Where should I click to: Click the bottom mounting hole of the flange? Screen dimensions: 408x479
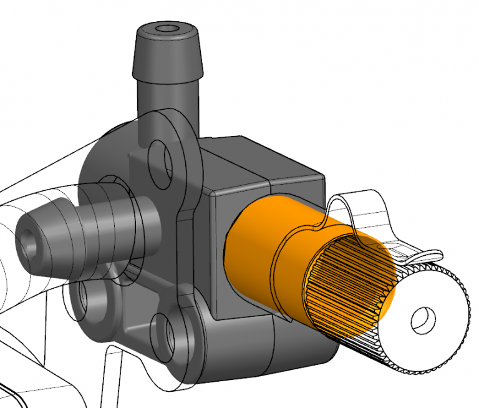point(163,329)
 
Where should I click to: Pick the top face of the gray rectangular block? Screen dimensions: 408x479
point(262,159)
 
